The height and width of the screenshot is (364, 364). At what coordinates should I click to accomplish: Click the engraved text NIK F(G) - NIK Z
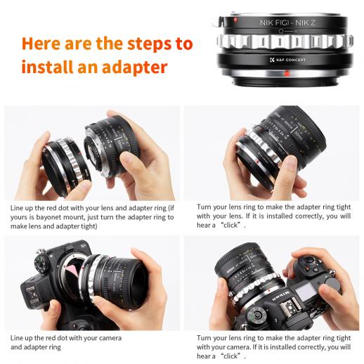coord(287,22)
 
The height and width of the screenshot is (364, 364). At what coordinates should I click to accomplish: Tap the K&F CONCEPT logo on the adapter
coord(287,60)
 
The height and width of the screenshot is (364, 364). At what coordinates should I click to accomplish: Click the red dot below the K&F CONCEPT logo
coord(286,74)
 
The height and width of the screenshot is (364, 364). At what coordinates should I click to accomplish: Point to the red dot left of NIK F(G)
coord(235,20)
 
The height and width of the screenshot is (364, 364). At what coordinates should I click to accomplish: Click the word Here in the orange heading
coord(41,44)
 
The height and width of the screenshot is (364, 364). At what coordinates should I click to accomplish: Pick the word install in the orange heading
coord(47,67)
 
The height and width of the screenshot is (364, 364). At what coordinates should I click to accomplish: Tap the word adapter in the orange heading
coord(135,67)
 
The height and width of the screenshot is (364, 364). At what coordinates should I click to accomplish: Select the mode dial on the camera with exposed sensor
coord(41,264)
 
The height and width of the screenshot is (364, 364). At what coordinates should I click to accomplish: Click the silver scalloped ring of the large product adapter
coord(285,41)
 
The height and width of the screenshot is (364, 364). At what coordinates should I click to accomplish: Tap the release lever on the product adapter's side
coord(218,22)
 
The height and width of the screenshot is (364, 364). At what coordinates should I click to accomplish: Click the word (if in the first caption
coord(171,208)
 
